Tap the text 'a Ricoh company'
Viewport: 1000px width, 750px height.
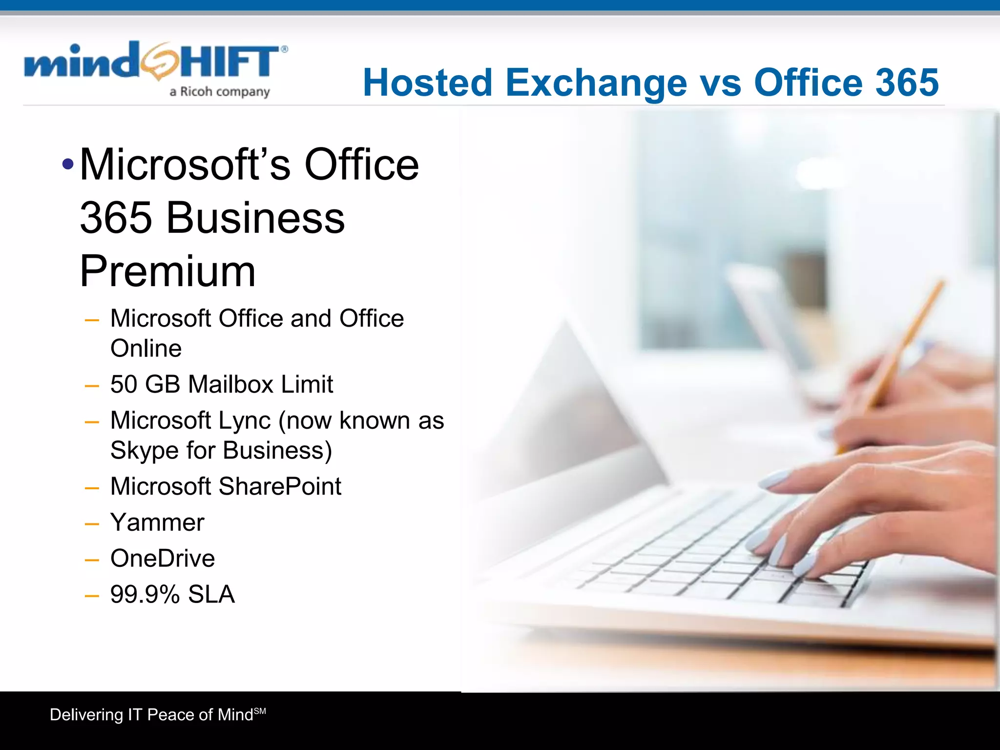coord(219,92)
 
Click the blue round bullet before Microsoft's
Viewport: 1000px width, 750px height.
coord(68,164)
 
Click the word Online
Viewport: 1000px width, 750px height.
coord(146,349)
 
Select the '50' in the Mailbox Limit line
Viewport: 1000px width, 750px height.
coord(124,384)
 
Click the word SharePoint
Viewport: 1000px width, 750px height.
coord(280,486)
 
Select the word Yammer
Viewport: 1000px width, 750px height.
coord(157,522)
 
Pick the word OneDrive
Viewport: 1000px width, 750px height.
coord(163,559)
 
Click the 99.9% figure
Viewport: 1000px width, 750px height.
coord(145,595)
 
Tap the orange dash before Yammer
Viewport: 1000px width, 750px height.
coord(92,524)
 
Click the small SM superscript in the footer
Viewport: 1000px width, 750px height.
coord(260,711)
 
